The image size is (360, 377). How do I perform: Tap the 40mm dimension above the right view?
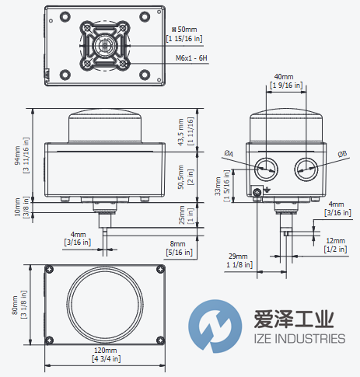283,79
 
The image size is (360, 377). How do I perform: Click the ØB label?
342,153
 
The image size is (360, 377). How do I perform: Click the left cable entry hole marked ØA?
267,165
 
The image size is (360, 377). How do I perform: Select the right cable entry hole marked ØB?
304,165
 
